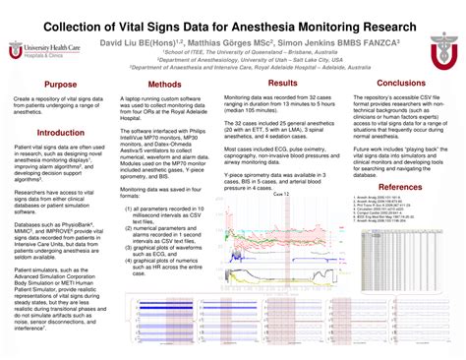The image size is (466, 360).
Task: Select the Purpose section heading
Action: [60, 85]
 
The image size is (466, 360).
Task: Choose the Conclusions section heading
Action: [400, 84]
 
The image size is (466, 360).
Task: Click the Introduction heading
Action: [60, 131]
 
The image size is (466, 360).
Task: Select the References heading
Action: [399, 187]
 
